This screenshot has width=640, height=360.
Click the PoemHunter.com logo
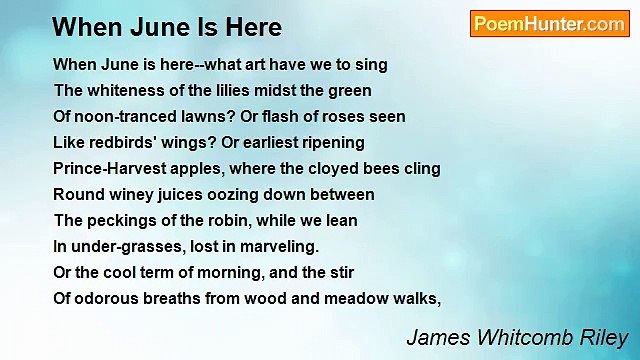[549, 24]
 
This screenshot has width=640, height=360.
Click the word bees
[380, 169]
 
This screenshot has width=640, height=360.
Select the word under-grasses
[125, 246]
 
